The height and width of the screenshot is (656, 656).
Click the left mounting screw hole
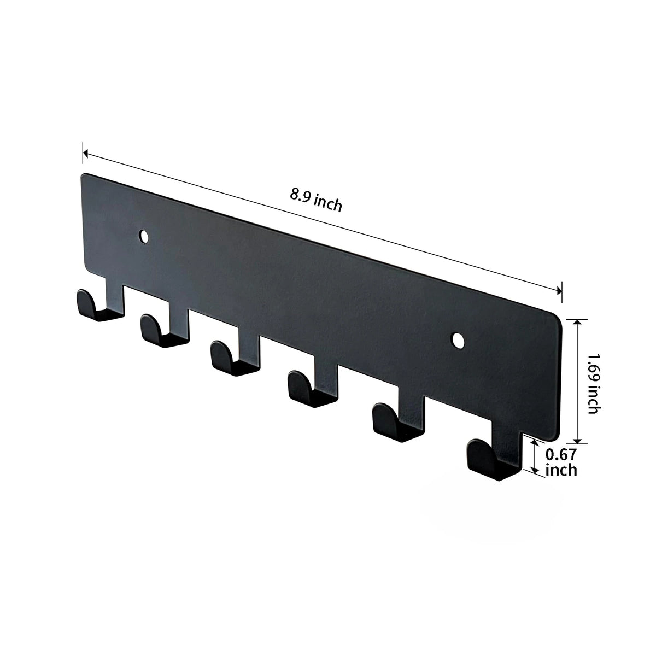click(144, 236)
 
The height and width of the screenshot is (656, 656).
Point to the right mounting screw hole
click(459, 341)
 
